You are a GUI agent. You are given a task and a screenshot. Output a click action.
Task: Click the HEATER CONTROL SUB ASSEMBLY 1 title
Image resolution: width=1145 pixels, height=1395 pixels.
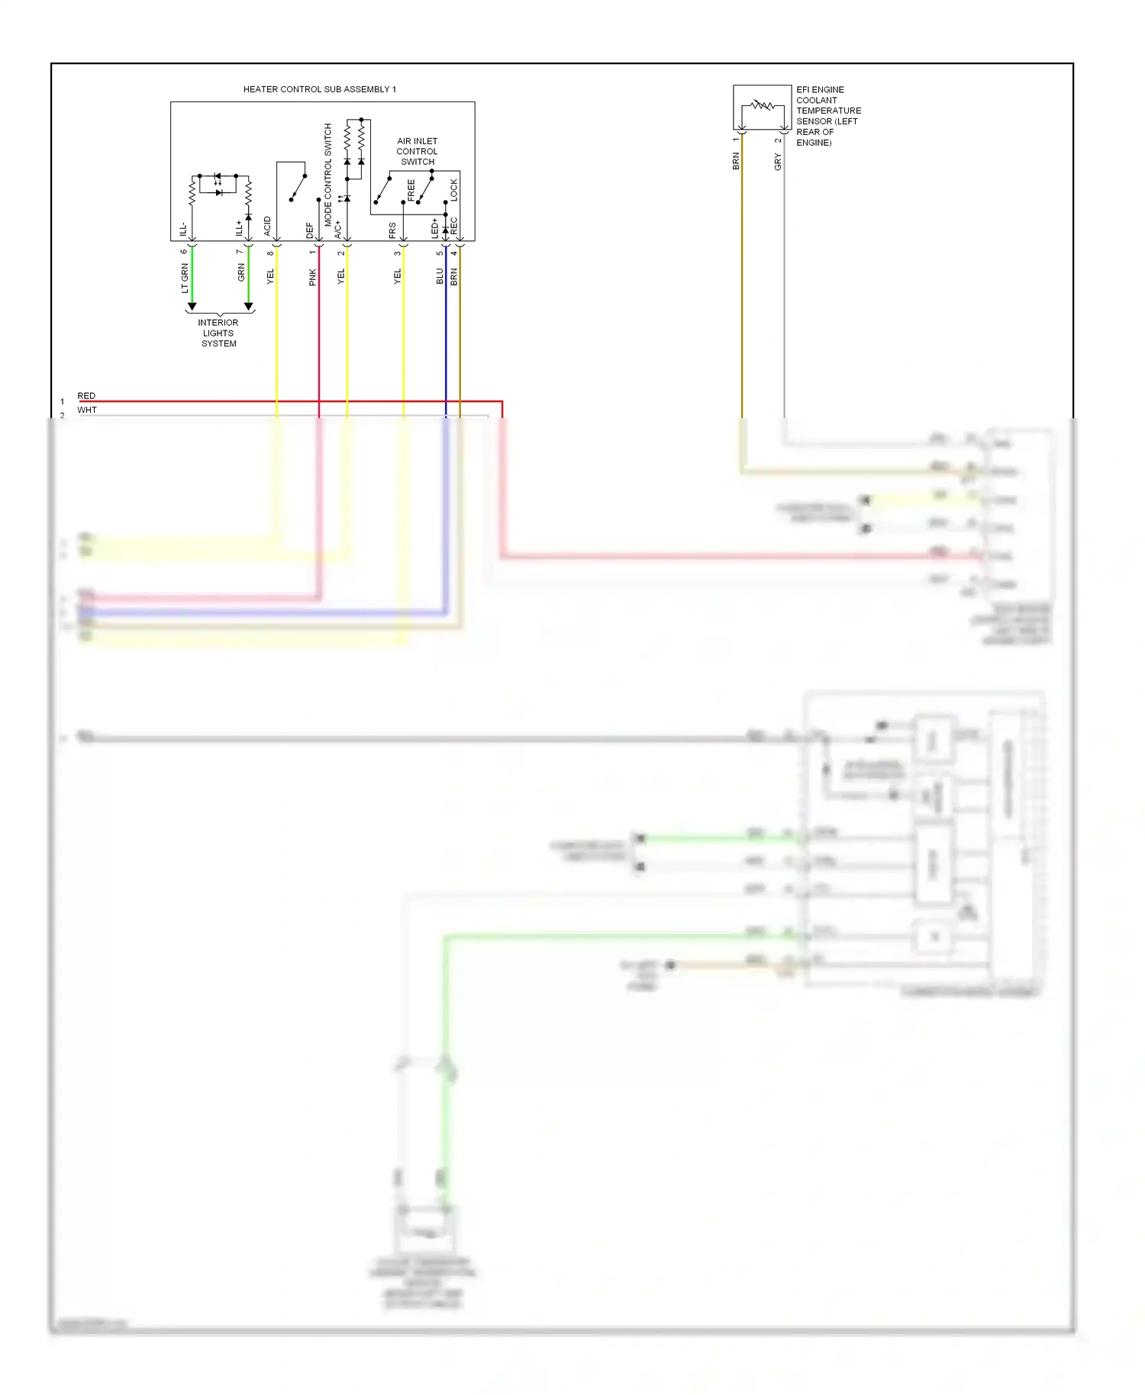click(x=319, y=89)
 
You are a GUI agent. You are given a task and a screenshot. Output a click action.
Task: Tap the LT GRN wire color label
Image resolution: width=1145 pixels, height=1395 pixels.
click(x=185, y=279)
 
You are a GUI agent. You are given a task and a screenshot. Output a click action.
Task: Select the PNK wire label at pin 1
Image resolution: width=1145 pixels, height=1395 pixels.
click(x=312, y=277)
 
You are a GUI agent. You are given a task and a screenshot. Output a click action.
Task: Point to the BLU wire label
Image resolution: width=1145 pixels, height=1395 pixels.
click(x=440, y=276)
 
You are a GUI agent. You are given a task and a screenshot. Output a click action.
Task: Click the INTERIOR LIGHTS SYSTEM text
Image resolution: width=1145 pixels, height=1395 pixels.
click(x=218, y=333)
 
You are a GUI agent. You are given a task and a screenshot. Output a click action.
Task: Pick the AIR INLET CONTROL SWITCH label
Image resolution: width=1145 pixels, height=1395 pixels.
click(x=417, y=151)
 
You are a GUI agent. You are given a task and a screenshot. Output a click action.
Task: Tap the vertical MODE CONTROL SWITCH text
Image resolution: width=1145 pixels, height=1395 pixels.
click(x=328, y=174)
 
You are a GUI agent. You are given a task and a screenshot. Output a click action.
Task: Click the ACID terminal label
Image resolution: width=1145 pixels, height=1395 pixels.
click(x=267, y=226)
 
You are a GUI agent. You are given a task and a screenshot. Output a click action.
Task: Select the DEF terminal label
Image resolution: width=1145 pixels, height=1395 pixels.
click(x=309, y=229)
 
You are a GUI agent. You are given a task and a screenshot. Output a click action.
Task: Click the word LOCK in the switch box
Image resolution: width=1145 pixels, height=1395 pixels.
click(x=454, y=189)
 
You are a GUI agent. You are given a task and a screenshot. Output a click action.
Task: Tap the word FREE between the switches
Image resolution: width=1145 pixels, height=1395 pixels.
click(x=411, y=190)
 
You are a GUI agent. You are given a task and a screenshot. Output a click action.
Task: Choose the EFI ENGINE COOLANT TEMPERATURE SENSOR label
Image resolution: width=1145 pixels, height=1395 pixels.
click(x=827, y=116)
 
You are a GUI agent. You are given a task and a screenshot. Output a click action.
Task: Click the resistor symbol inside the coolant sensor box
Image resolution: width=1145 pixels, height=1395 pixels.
click(x=762, y=105)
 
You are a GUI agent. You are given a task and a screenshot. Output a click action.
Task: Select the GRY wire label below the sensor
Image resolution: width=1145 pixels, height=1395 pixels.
click(x=778, y=162)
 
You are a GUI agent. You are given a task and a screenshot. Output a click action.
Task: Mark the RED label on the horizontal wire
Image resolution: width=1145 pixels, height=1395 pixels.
click(x=86, y=395)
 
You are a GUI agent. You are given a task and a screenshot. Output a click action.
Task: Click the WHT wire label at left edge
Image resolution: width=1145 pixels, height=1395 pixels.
click(x=87, y=410)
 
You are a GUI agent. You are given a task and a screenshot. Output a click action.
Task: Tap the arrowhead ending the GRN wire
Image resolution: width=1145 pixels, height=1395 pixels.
click(x=248, y=306)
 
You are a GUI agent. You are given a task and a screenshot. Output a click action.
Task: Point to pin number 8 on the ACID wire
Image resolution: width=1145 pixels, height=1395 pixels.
click(x=270, y=253)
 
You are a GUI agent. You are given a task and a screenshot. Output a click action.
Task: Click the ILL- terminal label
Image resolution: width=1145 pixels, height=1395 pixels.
click(x=183, y=229)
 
